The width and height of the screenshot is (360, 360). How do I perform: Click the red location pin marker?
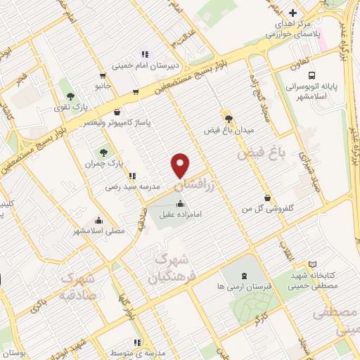pos(181,165)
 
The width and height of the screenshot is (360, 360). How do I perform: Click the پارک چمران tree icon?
pos(104,151)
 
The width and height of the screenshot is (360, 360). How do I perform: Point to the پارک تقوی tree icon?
pos(69,95)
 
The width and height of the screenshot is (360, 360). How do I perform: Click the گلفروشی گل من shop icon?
pos(266,198)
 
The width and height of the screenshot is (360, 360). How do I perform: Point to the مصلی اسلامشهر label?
pos(99,230)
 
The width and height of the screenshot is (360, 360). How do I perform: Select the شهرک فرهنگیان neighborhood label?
pos(169,267)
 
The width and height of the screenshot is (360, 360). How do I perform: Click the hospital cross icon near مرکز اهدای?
pos(292,12)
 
